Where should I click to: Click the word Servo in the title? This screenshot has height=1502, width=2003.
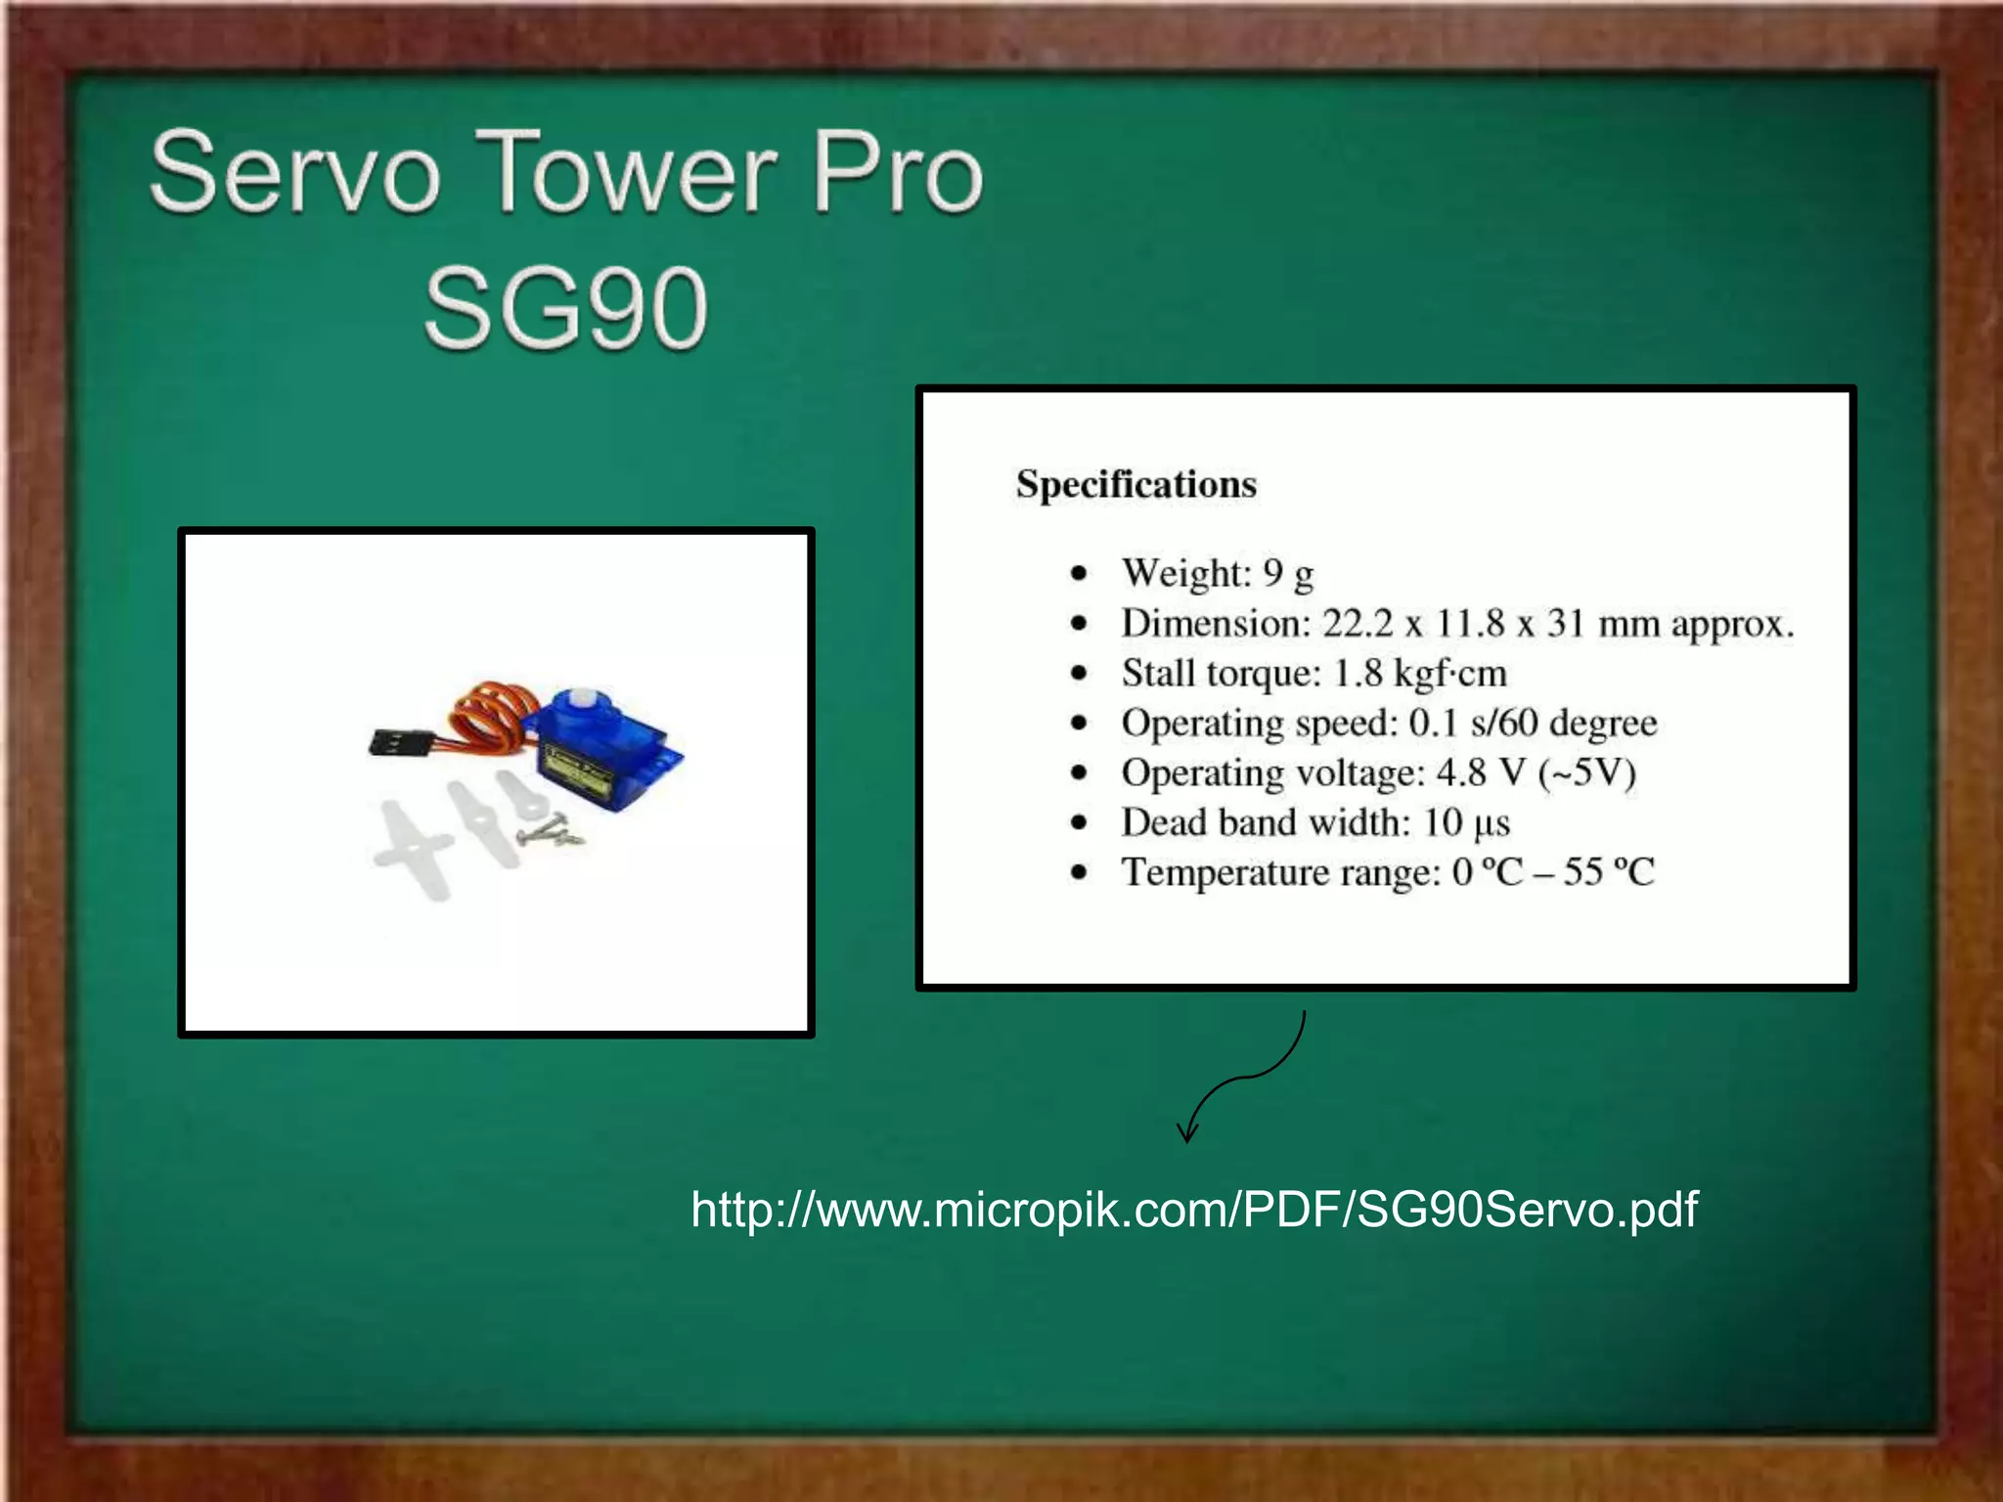coord(293,174)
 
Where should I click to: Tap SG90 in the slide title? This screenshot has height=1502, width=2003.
coord(565,309)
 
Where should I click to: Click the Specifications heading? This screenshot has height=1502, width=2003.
coord(1135,484)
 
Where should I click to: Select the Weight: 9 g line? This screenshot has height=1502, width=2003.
coord(1217,573)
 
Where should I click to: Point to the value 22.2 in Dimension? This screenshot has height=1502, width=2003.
coord(1357,623)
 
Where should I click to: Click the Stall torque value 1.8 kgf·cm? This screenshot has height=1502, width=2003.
coord(1419,674)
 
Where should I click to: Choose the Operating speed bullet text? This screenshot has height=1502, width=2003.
coord(1389,724)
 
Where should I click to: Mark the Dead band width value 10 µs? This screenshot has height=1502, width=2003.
coord(1466,823)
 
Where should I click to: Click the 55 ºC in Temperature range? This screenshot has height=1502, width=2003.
coord(1608,872)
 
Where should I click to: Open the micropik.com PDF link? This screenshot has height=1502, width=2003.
coord(1193,1210)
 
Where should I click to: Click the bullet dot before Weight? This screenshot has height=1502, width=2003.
coord(1079,574)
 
